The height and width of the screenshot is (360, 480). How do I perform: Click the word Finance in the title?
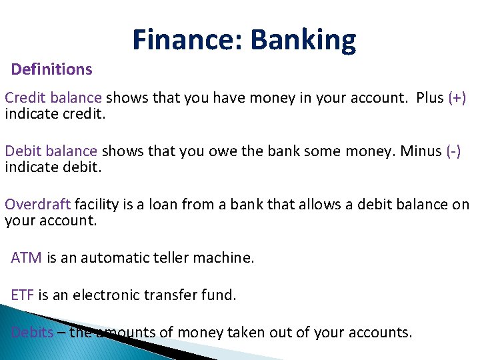[x=187, y=40]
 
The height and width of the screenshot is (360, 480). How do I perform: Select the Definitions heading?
[x=52, y=69]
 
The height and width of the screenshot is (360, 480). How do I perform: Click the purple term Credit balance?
[x=53, y=98]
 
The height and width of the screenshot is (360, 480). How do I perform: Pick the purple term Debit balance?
[x=51, y=151]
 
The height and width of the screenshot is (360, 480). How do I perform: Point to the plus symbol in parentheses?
[x=457, y=98]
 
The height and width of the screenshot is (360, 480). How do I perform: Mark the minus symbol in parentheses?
[x=453, y=151]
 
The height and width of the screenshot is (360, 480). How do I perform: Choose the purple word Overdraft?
[x=38, y=205]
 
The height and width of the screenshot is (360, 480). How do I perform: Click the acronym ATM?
[x=26, y=258]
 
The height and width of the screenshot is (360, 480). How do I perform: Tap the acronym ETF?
[x=23, y=295]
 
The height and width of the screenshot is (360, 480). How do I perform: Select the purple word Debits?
[x=33, y=333]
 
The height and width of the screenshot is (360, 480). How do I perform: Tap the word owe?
[x=209, y=151]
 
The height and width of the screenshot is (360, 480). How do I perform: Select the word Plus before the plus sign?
[x=429, y=98]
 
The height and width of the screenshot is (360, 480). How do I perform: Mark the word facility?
[x=99, y=205]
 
